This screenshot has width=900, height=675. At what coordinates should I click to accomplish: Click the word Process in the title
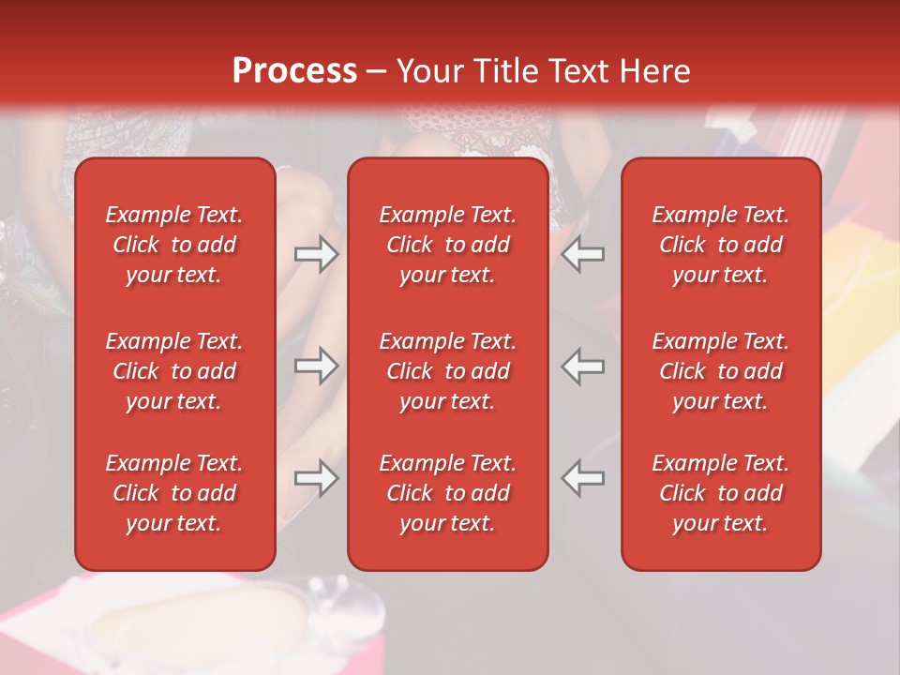(294, 71)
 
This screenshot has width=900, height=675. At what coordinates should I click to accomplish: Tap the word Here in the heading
(655, 71)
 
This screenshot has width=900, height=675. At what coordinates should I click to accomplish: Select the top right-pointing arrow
(316, 254)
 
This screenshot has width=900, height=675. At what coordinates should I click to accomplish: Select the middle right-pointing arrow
(316, 367)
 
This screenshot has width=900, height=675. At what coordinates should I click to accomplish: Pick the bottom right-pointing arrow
(316, 478)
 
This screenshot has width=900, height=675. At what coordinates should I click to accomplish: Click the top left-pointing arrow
(583, 254)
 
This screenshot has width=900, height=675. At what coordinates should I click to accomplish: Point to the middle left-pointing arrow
(583, 367)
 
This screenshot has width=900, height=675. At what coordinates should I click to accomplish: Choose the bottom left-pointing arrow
(583, 478)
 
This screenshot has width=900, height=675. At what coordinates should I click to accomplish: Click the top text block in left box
(174, 245)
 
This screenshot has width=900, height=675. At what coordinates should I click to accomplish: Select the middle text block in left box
(174, 371)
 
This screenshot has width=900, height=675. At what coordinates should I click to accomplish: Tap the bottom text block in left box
(174, 493)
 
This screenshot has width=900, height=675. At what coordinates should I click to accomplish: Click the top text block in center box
(448, 245)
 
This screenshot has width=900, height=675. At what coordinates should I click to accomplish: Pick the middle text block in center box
(448, 371)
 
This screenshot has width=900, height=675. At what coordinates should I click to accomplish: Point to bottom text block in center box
(448, 493)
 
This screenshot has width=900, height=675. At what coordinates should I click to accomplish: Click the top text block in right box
(721, 245)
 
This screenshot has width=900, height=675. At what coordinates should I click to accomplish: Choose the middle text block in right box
(721, 371)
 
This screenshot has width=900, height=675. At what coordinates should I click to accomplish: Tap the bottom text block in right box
(721, 493)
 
